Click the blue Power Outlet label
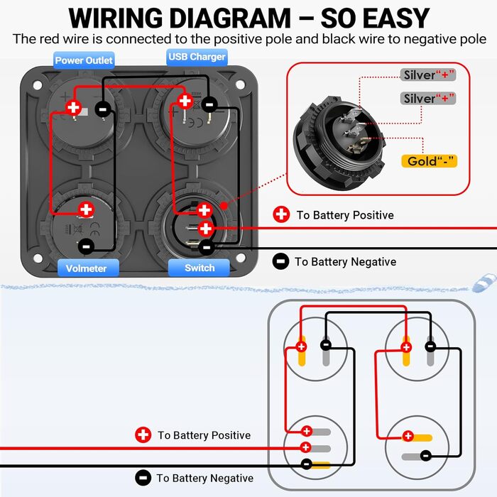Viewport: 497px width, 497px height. point(84,60)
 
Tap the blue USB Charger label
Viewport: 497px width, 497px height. point(197,57)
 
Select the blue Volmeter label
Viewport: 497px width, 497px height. point(86,268)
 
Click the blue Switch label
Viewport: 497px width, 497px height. point(200,268)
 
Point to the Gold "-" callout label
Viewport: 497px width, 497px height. point(429,161)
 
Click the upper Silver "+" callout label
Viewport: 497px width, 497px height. point(429,75)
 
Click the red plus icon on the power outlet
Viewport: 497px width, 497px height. point(73,108)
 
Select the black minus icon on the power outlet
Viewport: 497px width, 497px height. point(103,109)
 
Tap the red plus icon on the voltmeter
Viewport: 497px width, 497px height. point(86,209)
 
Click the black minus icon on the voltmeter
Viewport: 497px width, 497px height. point(86,246)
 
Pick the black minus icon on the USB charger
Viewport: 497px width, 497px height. point(209,105)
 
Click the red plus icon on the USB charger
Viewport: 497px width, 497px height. point(185,101)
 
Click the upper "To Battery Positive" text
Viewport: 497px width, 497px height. point(344,215)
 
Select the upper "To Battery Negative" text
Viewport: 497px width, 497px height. point(345,262)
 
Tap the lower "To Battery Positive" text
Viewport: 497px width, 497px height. point(204,435)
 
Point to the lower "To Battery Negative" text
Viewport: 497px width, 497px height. point(204,479)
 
